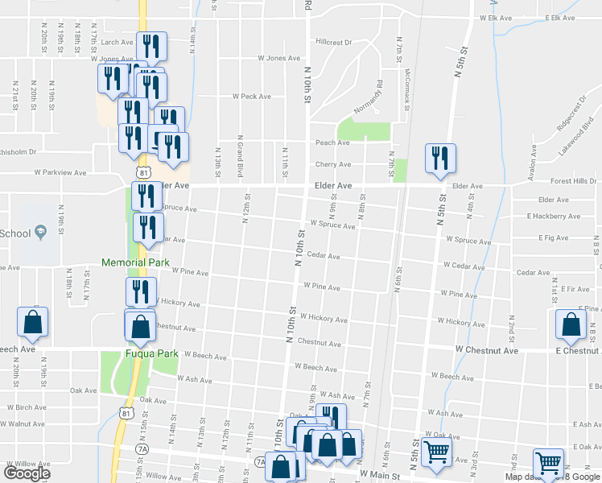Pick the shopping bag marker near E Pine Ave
(571, 324)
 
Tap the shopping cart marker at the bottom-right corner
(548, 464)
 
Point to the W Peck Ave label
(251, 96)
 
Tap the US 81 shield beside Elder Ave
(143, 173)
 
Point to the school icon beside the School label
(41, 233)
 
